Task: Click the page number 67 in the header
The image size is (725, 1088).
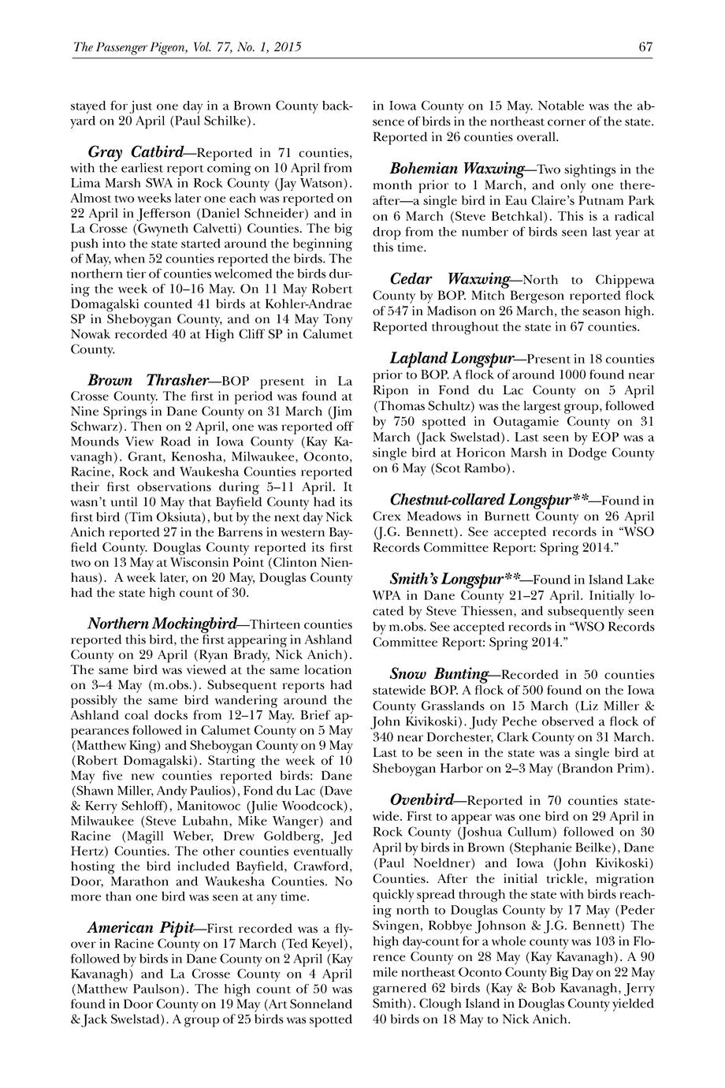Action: coord(645,47)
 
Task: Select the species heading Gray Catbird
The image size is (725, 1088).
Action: coord(138,151)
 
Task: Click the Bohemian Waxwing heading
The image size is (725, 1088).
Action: coord(457,169)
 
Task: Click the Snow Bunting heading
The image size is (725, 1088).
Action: coord(439,674)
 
